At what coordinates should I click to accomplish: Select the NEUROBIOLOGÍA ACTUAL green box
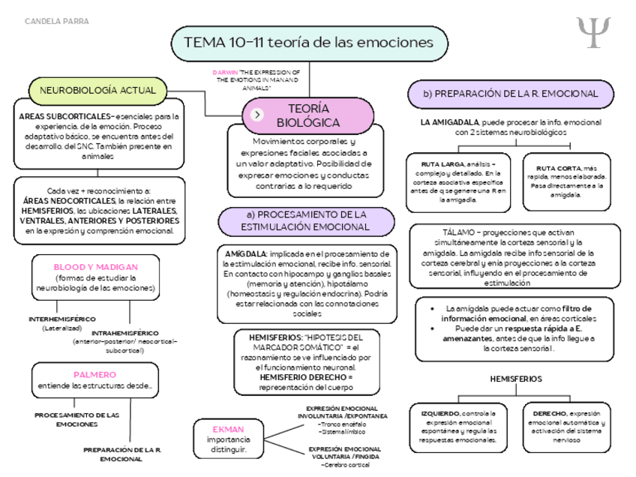pos(97,91)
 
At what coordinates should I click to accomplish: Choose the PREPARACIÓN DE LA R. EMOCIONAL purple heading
pos(510,94)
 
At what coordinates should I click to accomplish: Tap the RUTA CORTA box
pos(565,180)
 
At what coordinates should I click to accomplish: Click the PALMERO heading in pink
pos(94,374)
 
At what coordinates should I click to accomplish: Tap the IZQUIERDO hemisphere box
pos(457,427)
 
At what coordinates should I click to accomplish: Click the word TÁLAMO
pos(448,232)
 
